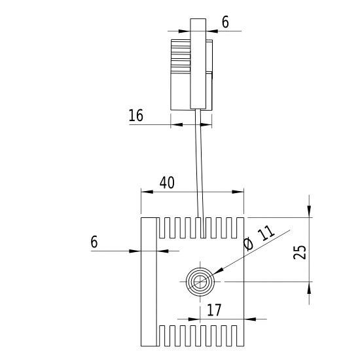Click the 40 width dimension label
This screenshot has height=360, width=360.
pyautogui.click(x=167, y=183)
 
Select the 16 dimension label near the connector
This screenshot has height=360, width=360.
pyautogui.click(x=136, y=116)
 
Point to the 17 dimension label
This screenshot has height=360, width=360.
pyautogui.click(x=214, y=310)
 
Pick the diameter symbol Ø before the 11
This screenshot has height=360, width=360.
pyautogui.click(x=248, y=244)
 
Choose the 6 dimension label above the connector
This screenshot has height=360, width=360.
pyautogui.click(x=225, y=22)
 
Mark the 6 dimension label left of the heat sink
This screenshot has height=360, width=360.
pyautogui.click(x=94, y=242)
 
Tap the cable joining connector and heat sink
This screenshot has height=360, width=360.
pyautogui.click(x=200, y=164)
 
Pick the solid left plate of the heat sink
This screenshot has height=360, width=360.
pyautogui.click(x=150, y=281)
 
